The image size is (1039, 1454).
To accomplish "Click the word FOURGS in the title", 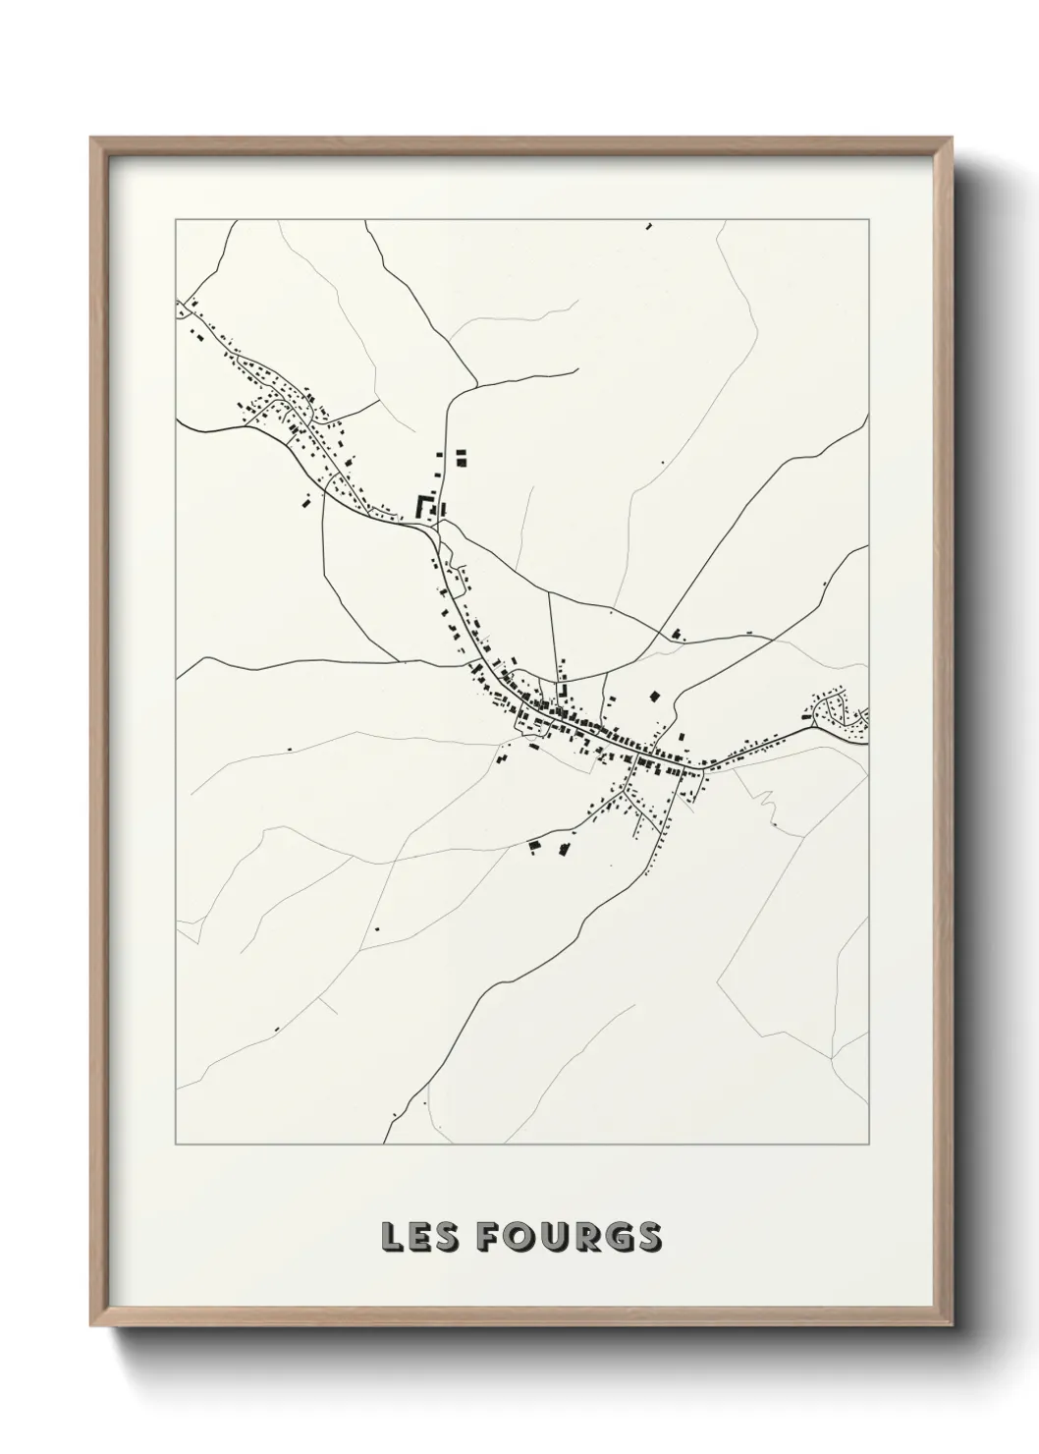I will click(569, 1237).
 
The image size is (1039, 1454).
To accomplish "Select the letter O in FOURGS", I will click(520, 1237).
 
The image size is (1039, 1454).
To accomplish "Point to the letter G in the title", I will click(615, 1237).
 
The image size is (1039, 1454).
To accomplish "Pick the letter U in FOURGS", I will click(552, 1237).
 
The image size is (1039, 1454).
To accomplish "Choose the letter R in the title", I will click(583, 1237).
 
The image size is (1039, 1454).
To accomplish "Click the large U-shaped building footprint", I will click(425, 507).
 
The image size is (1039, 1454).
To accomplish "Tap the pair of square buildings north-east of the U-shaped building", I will click(460, 456).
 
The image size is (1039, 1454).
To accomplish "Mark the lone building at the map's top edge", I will click(648, 226).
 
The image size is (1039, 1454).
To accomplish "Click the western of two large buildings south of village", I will click(535, 843).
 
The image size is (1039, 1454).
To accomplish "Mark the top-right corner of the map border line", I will click(868, 218).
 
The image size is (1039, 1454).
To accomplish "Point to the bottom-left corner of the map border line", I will click(176, 1145).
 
